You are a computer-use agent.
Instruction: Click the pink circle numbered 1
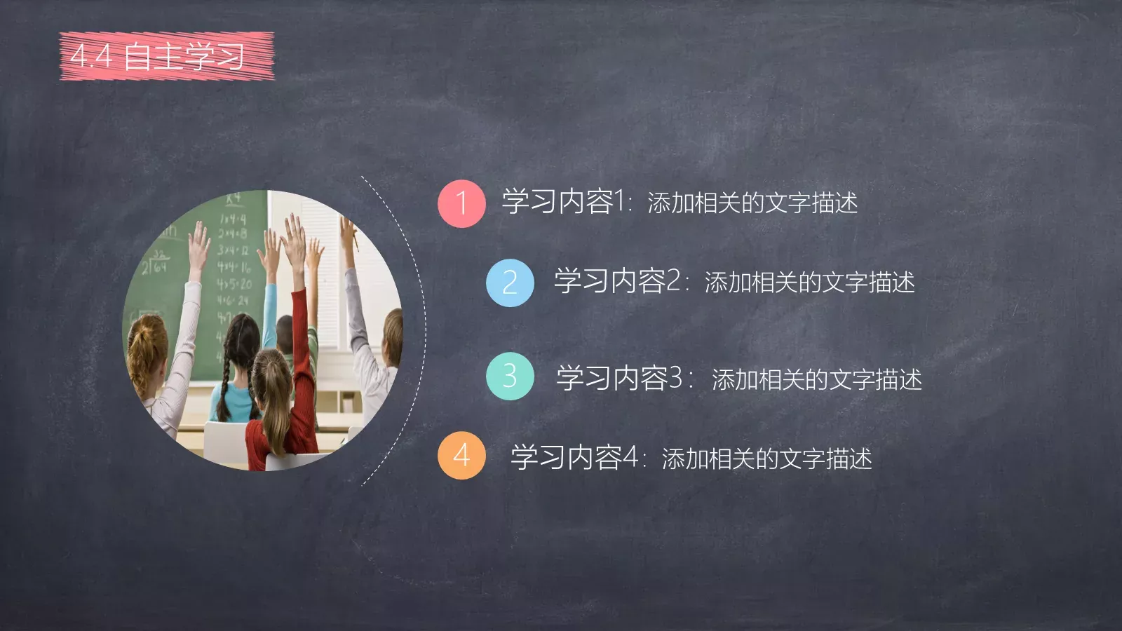coord(461,203)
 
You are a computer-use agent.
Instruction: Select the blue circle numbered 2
coord(510,283)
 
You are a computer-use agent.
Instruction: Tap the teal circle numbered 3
coord(510,376)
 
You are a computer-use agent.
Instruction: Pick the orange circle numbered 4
coord(461,456)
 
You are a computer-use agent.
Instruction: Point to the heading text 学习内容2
coord(617,282)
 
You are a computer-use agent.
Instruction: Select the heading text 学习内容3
coord(619,378)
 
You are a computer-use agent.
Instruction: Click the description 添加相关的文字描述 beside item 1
coord(752,203)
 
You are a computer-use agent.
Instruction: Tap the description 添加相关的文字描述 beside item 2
coord(809,283)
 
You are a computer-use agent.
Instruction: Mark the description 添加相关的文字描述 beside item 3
coord(816,379)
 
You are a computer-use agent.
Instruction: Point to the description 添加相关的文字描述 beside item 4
coord(766,459)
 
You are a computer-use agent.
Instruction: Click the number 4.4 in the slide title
coord(91,56)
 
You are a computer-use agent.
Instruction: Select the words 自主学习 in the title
coord(184,56)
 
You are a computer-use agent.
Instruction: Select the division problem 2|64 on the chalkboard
coord(154,265)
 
